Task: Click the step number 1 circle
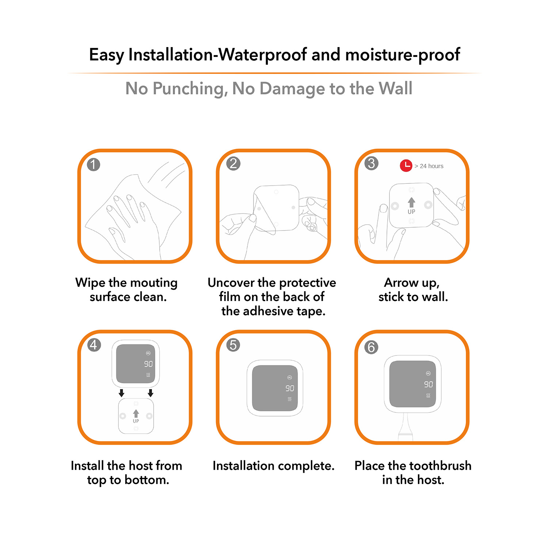click(x=94, y=164)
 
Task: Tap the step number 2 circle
click(x=233, y=163)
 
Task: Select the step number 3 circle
click(x=372, y=163)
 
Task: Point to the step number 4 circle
click(x=94, y=345)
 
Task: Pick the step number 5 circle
click(x=233, y=345)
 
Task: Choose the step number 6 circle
click(x=371, y=347)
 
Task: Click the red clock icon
click(x=406, y=165)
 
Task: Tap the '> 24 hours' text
click(x=429, y=166)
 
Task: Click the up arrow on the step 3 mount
click(x=411, y=202)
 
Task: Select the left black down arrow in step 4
click(x=122, y=393)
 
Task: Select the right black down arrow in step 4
click(x=150, y=393)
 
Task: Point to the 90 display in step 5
click(x=290, y=388)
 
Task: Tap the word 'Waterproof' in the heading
click(x=263, y=55)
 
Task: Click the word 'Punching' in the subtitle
click(x=190, y=89)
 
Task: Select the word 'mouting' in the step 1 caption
click(x=154, y=283)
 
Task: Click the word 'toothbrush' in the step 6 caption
click(x=442, y=466)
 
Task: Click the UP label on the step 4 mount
click(x=136, y=421)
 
